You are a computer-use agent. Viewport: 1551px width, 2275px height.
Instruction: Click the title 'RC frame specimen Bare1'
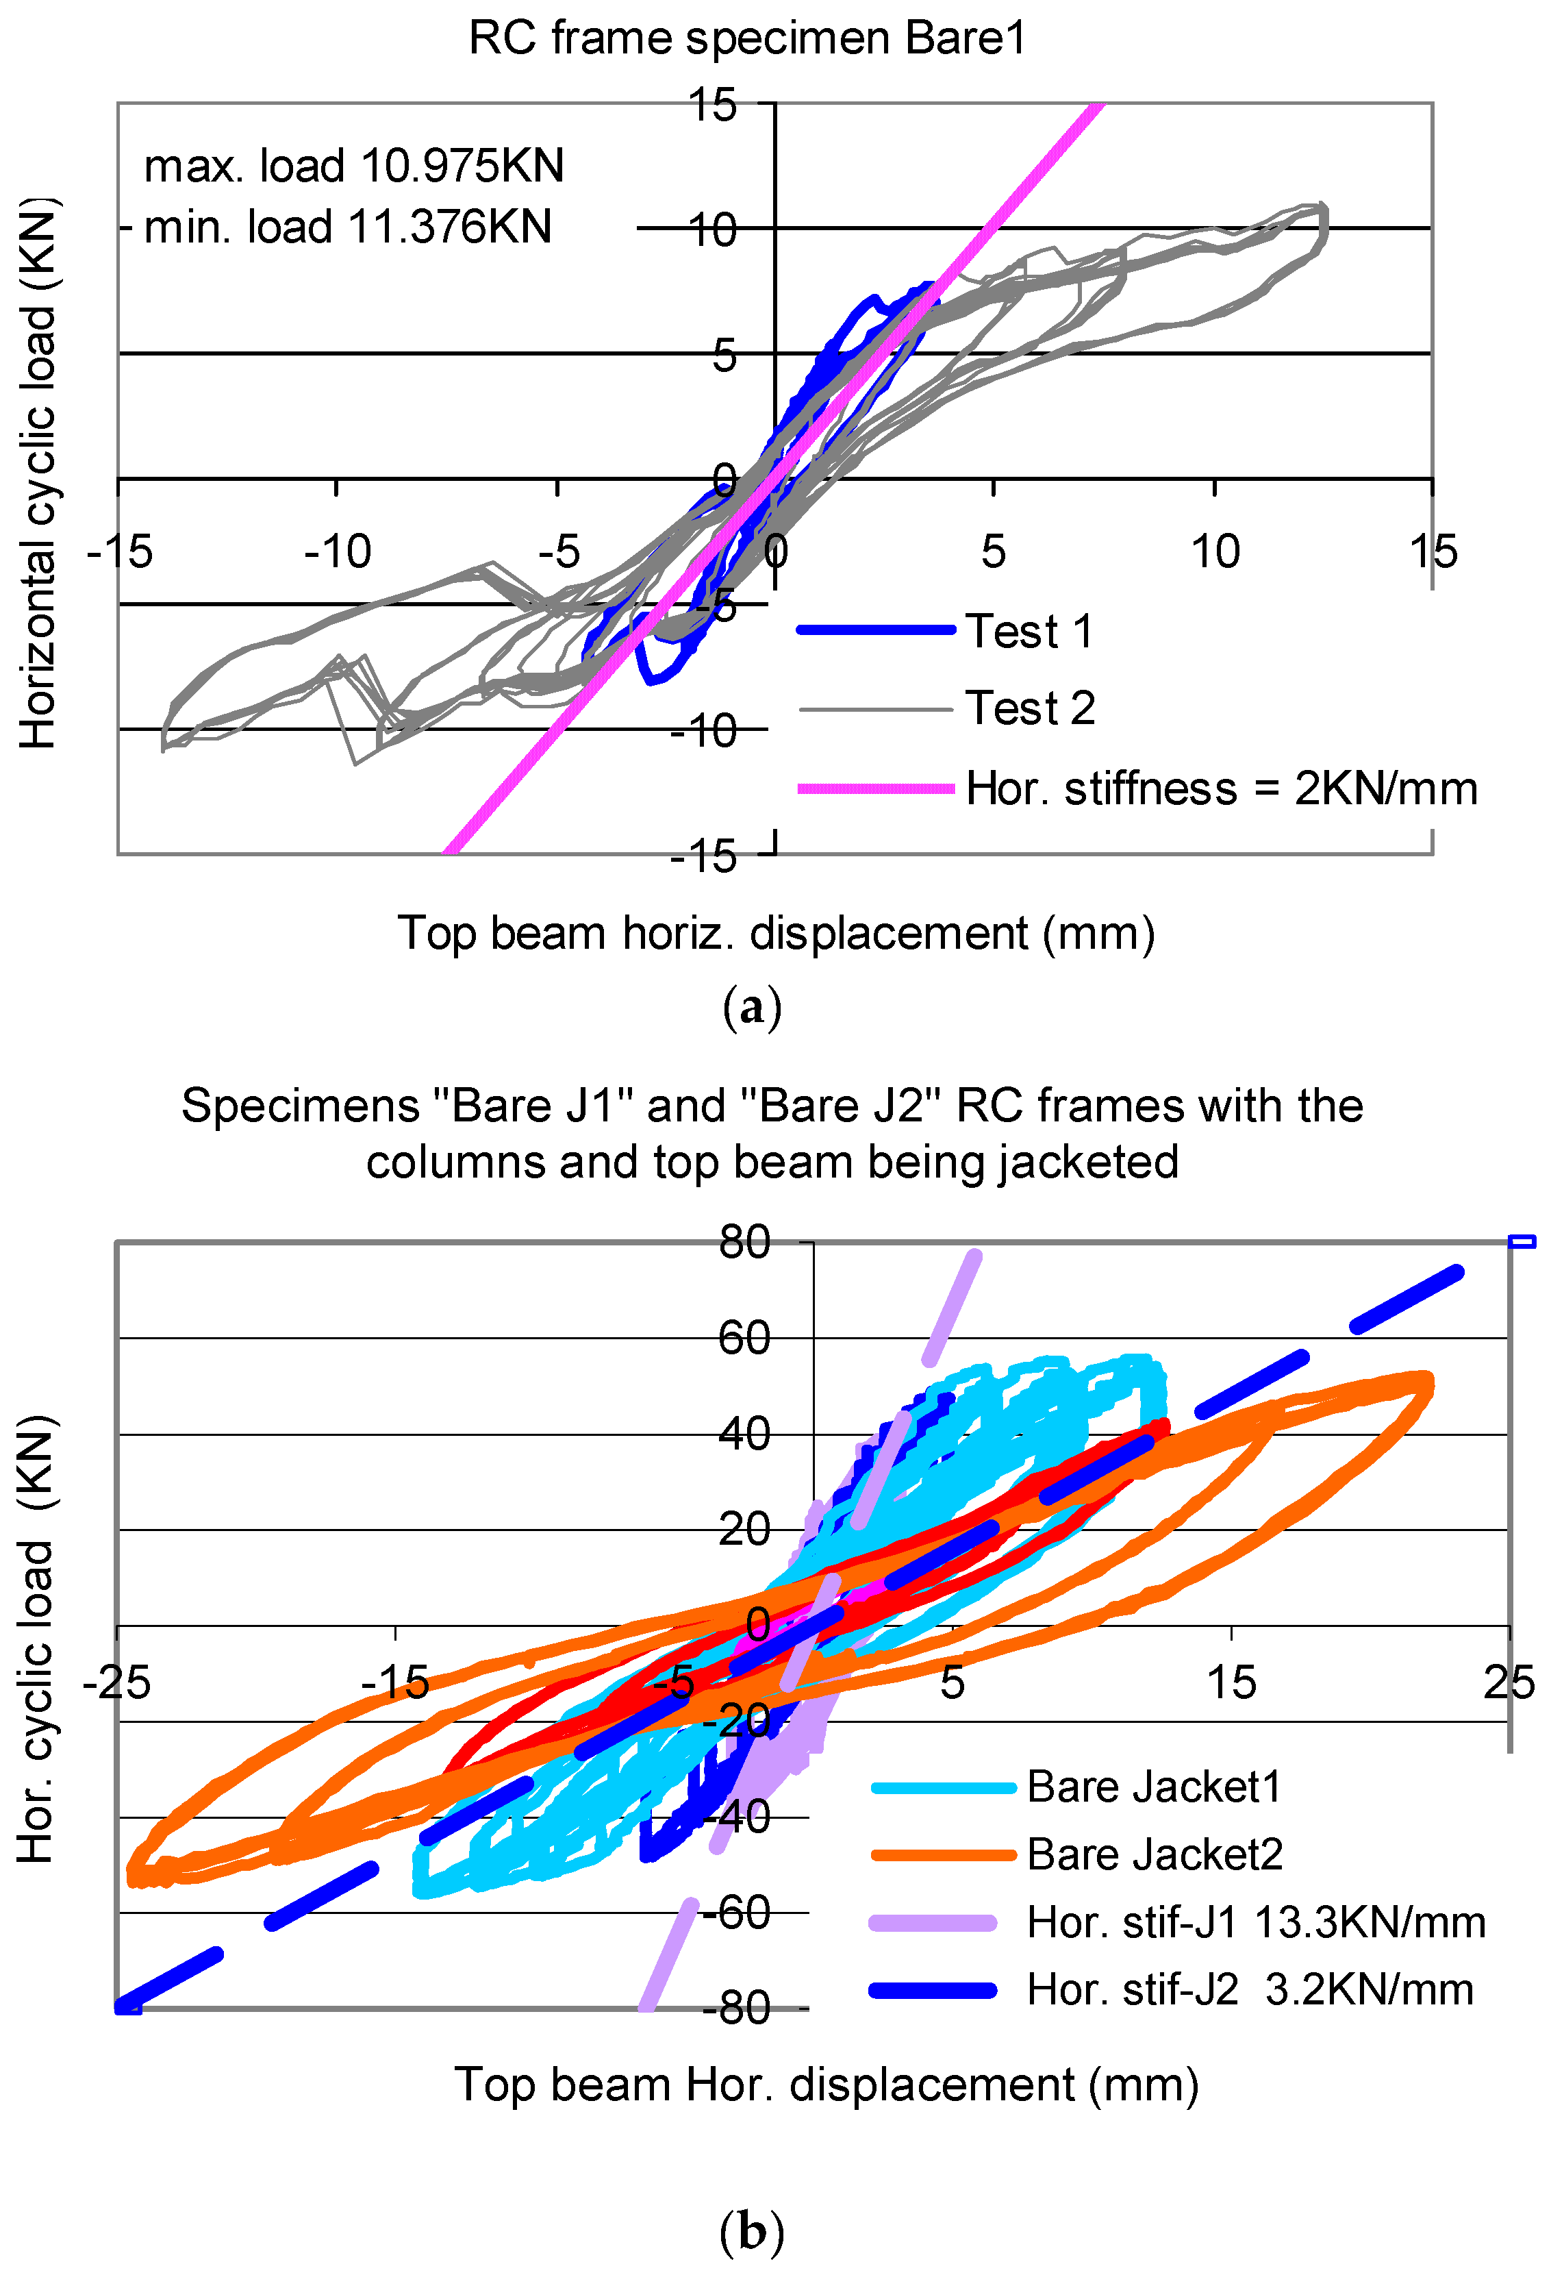pyautogui.click(x=748, y=39)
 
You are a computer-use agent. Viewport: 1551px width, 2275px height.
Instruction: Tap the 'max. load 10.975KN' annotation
pyautogui.click(x=353, y=166)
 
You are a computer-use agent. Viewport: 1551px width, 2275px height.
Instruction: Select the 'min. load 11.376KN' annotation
pyautogui.click(x=347, y=227)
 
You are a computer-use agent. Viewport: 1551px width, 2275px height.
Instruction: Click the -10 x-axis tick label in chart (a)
pyautogui.click(x=338, y=553)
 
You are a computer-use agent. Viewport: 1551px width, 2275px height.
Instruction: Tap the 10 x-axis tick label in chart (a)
pyautogui.click(x=1214, y=553)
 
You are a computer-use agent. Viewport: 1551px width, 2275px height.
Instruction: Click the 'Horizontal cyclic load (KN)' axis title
pyautogui.click(x=39, y=474)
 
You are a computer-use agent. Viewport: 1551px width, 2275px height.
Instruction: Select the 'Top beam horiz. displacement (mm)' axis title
pyautogui.click(x=776, y=934)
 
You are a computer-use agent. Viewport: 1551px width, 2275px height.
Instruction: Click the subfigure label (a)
pyautogui.click(x=751, y=1007)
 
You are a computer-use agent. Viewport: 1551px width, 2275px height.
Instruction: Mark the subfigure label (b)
pyautogui.click(x=751, y=2233)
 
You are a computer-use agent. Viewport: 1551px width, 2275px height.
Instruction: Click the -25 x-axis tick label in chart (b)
pyautogui.click(x=116, y=1682)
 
